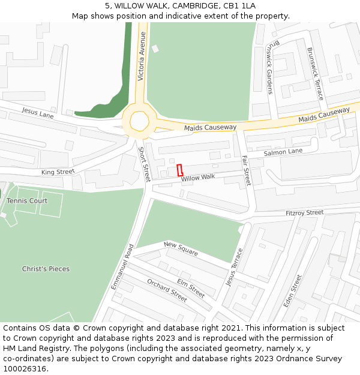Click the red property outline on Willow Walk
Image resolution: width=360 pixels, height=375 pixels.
click(x=180, y=170)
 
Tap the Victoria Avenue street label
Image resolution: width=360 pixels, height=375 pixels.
click(x=142, y=56)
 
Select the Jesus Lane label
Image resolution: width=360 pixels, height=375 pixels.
click(x=38, y=112)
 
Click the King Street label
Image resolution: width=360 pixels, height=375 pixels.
click(x=58, y=172)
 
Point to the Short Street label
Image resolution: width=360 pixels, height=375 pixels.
click(x=145, y=165)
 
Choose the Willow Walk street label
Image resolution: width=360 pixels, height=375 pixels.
click(x=197, y=178)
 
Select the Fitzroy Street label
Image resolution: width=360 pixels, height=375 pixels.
click(x=304, y=212)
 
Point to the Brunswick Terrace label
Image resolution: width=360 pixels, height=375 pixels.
click(x=316, y=74)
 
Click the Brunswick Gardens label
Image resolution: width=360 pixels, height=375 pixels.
click(x=270, y=68)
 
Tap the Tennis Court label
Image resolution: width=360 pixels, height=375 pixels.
click(x=27, y=200)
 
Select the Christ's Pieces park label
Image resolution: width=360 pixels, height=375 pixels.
click(x=46, y=269)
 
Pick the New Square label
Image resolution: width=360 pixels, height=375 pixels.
click(x=181, y=249)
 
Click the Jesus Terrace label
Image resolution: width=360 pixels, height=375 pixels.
click(x=234, y=267)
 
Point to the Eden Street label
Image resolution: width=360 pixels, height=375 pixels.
click(x=292, y=290)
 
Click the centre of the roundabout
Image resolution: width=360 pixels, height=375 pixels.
click(x=140, y=120)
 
